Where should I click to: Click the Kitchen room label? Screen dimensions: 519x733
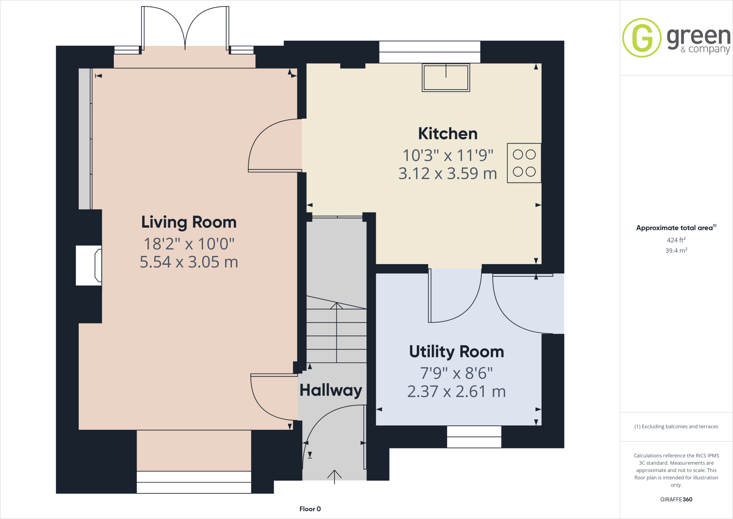[x=447, y=134]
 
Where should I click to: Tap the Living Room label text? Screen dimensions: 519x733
[x=189, y=222]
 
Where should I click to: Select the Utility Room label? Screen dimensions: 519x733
[x=456, y=352]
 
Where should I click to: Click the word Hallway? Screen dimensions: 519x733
[x=331, y=390]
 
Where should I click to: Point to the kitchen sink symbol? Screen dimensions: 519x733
[x=446, y=77]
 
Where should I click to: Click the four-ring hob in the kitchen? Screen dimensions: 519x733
[x=524, y=163]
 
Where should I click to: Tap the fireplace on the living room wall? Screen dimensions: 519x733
[x=89, y=266]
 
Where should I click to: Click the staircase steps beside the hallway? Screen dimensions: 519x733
[x=336, y=333]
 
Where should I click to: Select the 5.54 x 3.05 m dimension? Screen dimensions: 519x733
[x=189, y=262]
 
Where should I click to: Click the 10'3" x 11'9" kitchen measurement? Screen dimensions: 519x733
[x=448, y=156]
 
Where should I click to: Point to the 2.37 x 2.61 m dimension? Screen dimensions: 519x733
[x=456, y=391]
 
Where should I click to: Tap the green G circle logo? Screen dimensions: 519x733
[x=642, y=38]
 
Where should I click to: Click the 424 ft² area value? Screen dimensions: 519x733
[x=676, y=240]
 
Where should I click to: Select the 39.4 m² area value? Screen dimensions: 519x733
[x=676, y=251]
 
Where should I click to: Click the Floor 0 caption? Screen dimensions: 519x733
[x=310, y=509]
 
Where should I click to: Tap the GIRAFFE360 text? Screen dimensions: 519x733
[x=676, y=499]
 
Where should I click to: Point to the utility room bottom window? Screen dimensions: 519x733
[x=474, y=437]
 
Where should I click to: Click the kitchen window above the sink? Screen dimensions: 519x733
[x=429, y=52]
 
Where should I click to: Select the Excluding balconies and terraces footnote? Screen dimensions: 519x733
[x=676, y=427]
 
